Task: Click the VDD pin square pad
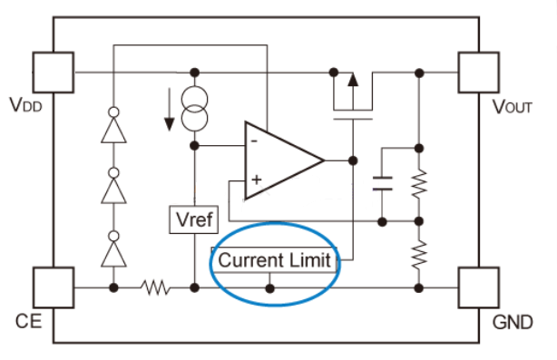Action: click(x=53, y=70)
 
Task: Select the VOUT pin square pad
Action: click(x=479, y=70)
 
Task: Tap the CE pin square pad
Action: click(x=53, y=287)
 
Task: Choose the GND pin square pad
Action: click(x=479, y=287)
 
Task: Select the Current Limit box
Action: click(x=276, y=260)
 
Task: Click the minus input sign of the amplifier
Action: click(x=256, y=141)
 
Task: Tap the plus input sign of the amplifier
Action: click(x=256, y=180)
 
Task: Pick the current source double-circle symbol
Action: click(x=194, y=108)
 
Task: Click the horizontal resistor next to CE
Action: click(x=155, y=288)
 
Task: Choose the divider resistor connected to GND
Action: click(x=418, y=255)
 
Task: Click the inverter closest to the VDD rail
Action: click(x=113, y=127)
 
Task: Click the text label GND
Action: click(x=510, y=324)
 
